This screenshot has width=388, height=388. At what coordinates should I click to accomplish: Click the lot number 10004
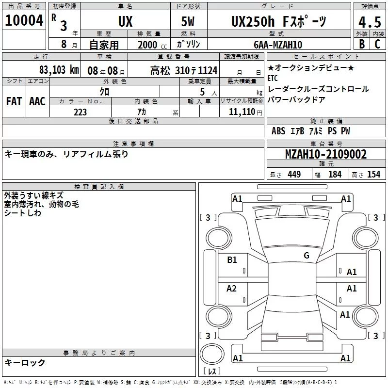click(x=24, y=20)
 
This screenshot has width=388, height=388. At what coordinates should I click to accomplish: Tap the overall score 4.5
click(x=370, y=22)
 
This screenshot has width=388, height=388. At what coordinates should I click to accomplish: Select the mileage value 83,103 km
click(x=59, y=70)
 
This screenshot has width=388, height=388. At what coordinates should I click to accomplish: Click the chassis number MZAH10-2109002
click(x=326, y=154)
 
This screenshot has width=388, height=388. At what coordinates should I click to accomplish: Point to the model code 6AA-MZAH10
click(x=278, y=45)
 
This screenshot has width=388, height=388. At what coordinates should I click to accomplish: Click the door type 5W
click(x=188, y=21)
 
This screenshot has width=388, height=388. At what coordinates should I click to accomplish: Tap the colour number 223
click(x=80, y=112)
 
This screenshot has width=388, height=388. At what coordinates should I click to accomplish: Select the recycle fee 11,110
click(x=242, y=112)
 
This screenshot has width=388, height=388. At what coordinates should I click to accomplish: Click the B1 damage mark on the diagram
click(x=232, y=260)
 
